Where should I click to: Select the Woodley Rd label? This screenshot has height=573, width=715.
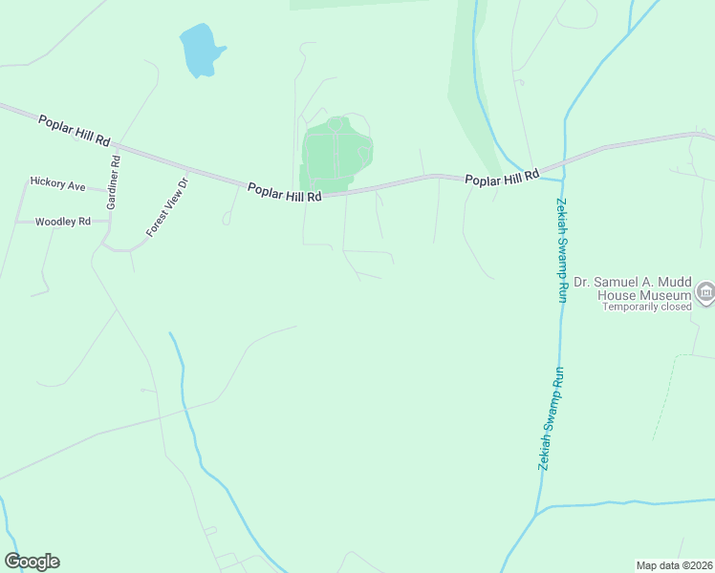(x=62, y=222)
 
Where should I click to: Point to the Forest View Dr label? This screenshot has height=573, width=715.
(x=168, y=207)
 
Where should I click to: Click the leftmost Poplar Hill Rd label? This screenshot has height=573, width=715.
(x=74, y=130)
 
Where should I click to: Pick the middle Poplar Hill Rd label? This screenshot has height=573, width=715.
(x=284, y=191)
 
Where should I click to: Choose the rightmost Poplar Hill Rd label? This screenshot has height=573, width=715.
(x=502, y=178)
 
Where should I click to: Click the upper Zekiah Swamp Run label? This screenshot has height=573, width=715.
(x=560, y=250)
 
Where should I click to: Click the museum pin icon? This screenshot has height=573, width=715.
(x=705, y=292)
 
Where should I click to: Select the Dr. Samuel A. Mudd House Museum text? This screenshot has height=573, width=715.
(x=632, y=288)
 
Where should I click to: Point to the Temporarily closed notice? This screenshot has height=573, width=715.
(x=646, y=308)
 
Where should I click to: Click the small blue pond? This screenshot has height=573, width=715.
(x=200, y=51)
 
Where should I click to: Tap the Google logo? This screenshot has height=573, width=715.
(x=32, y=562)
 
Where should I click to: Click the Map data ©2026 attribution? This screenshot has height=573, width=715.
(x=674, y=564)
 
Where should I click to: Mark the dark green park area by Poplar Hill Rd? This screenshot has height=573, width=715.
(x=335, y=153)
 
